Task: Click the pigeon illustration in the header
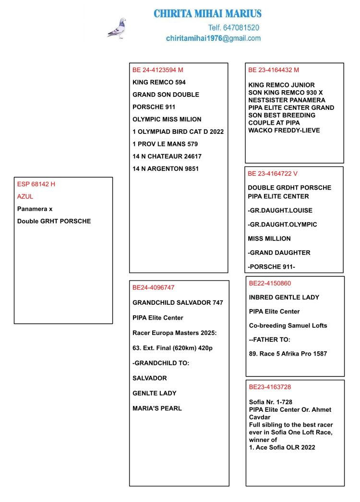pyautogui.click(x=117, y=28)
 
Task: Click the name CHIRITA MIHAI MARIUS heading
pyautogui.click(x=207, y=14)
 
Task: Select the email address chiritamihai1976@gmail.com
pyautogui.click(x=213, y=38)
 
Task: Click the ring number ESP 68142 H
pyautogui.click(x=36, y=184)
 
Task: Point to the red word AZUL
pyautogui.click(x=25, y=197)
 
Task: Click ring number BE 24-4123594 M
pyautogui.click(x=158, y=70)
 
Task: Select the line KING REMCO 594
pyautogui.click(x=159, y=83)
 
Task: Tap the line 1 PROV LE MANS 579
pyautogui.click(x=165, y=144)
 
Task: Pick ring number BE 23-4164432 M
pyautogui.click(x=274, y=70)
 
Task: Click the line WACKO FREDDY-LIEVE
pyautogui.click(x=284, y=131)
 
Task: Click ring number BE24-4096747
pyautogui.click(x=154, y=287)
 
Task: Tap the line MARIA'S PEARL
pyautogui.click(x=157, y=408)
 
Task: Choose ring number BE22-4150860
pyautogui.click(x=270, y=284)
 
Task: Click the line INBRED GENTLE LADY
pyautogui.click(x=284, y=298)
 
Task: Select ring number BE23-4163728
pyautogui.click(x=270, y=387)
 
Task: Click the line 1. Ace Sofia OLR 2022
pyautogui.click(x=282, y=448)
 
